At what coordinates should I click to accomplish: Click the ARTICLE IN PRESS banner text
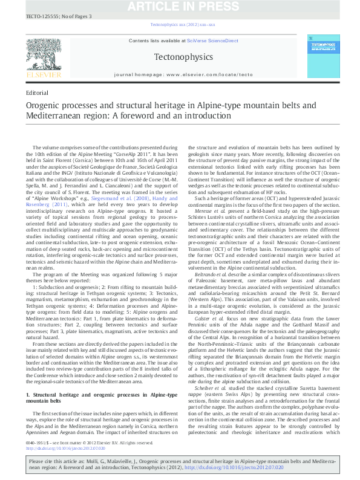point(180,5)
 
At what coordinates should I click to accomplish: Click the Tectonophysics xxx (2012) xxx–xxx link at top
point(180,25)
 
